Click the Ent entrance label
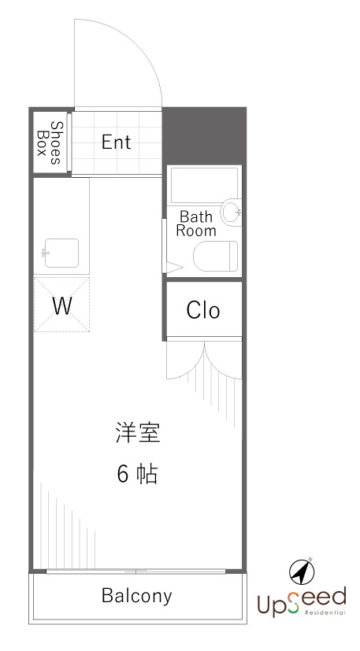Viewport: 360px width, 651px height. pos(117,142)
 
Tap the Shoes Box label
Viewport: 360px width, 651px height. pos(49,142)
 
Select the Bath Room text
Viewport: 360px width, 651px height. pos(196,224)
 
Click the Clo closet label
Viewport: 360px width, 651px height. pos(203,310)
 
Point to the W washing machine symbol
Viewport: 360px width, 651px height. pos(61,305)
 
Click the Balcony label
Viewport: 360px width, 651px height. pos(137,596)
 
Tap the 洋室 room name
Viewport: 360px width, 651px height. pos(138,432)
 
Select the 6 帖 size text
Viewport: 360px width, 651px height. pos(138,474)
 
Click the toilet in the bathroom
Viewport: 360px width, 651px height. pos(215,257)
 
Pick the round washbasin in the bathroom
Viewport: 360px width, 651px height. pos(231,211)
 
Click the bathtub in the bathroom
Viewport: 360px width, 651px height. pos(204,184)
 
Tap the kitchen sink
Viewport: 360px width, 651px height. pos(61,253)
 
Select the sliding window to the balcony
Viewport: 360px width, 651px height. pos(137,571)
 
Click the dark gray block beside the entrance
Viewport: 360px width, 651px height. pos(204,135)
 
